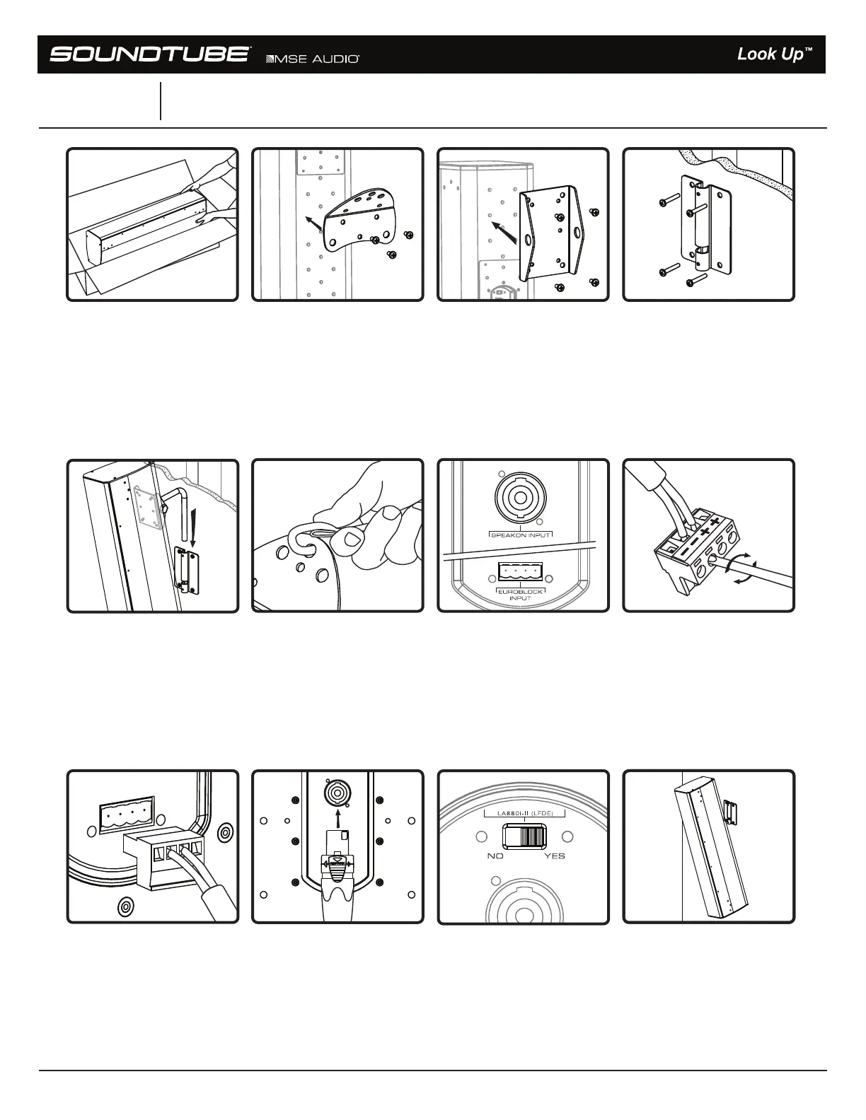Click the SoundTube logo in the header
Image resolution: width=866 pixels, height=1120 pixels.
149,54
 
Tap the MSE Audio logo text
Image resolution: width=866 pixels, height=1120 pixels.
312,59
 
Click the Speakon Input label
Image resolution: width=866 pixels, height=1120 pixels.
521,535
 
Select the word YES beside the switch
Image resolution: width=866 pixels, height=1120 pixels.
555,856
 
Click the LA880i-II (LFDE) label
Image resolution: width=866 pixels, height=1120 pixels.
525,814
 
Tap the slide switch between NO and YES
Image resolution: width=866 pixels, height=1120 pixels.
525,838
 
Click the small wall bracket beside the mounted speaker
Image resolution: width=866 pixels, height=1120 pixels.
732,812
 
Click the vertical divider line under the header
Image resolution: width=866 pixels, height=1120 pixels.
161,101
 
